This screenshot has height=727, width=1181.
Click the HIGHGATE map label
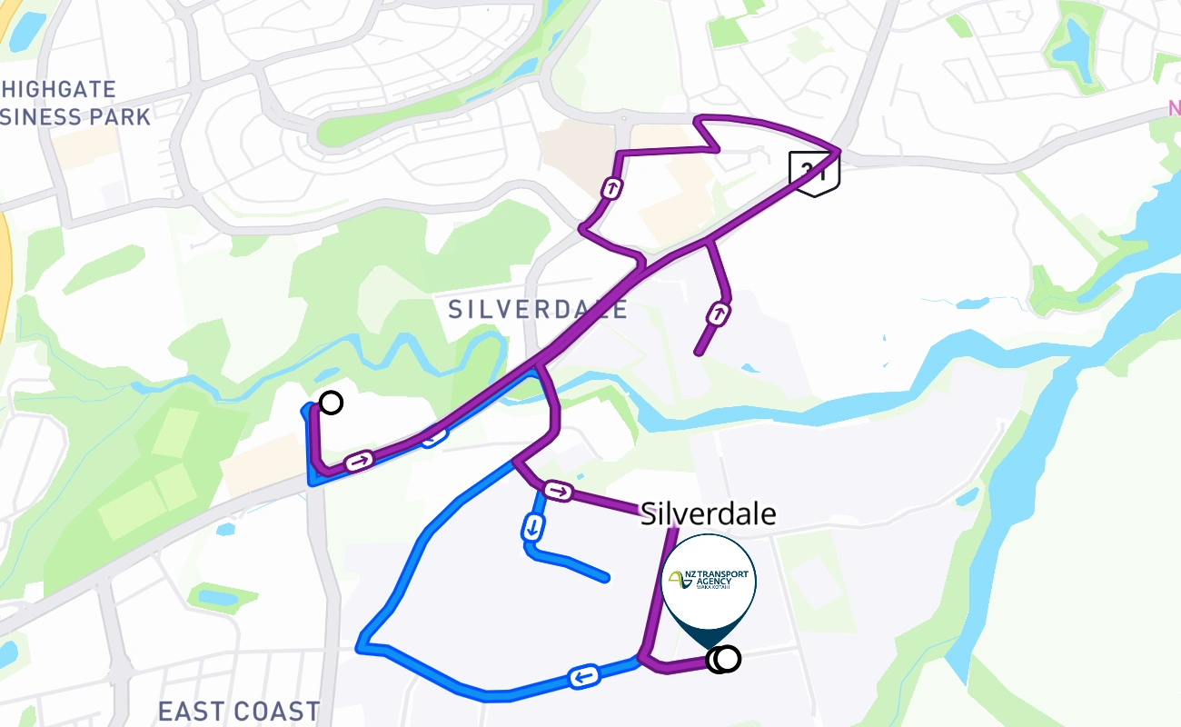[x=60, y=89]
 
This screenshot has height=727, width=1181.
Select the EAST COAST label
[x=239, y=711]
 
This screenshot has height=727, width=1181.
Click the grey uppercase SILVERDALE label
[x=538, y=310]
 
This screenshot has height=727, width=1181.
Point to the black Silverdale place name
[x=709, y=514]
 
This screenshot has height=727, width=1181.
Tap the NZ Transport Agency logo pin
[x=709, y=582]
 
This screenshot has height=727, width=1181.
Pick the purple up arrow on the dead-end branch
[x=720, y=314]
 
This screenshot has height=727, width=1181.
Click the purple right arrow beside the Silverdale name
[x=559, y=493]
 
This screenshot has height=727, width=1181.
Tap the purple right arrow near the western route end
[x=360, y=462]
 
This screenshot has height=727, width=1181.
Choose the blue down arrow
[x=533, y=526]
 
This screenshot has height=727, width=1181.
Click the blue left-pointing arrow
[x=582, y=676]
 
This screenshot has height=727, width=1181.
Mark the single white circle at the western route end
[x=332, y=403]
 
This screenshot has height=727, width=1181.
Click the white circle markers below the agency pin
[x=723, y=659]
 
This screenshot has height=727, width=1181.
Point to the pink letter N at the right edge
[x=1174, y=110]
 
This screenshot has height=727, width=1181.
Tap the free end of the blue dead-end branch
[x=606, y=578]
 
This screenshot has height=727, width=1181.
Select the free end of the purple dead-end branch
[x=698, y=353]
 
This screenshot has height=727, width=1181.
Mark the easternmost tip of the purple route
[x=838, y=148]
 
